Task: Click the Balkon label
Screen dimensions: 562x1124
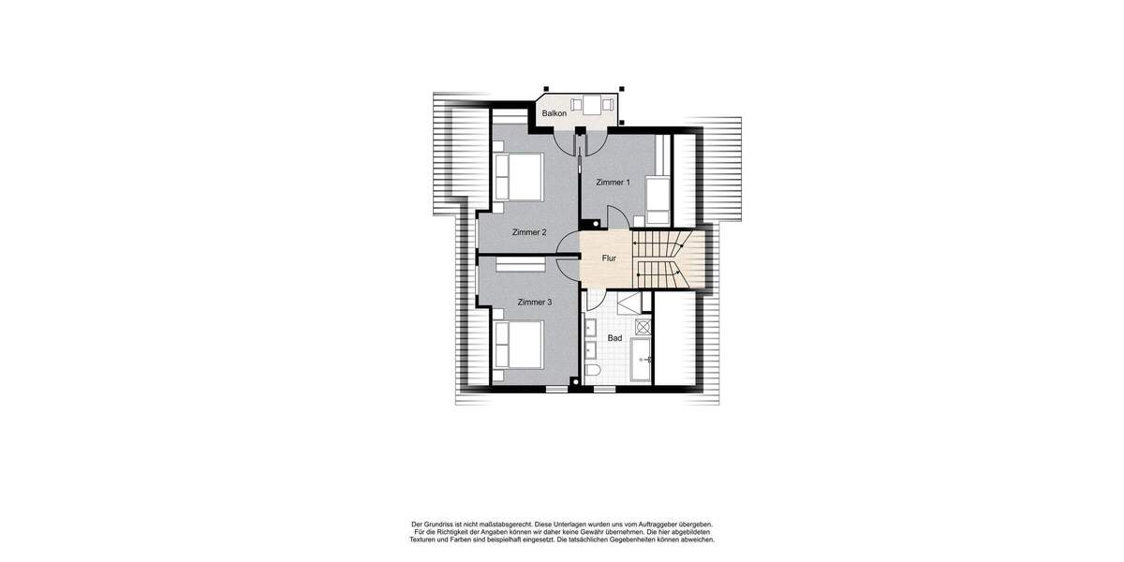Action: pyautogui.click(x=553, y=114)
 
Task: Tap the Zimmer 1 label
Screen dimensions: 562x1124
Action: pyautogui.click(x=614, y=183)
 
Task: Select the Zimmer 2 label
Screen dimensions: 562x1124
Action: pyautogui.click(x=529, y=232)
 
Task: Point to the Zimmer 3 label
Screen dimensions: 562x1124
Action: pyautogui.click(x=535, y=303)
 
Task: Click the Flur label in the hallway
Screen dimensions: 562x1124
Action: pyautogui.click(x=609, y=258)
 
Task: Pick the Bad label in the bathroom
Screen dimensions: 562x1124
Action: pyautogui.click(x=614, y=337)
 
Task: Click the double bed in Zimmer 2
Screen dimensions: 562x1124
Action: pyautogui.click(x=518, y=177)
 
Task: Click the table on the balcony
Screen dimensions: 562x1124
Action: pyautogui.click(x=592, y=104)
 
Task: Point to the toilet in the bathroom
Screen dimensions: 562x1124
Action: pyautogui.click(x=592, y=374)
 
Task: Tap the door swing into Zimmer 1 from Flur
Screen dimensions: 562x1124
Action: pyautogui.click(x=615, y=217)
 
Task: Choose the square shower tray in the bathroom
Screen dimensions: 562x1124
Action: pyautogui.click(x=643, y=326)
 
